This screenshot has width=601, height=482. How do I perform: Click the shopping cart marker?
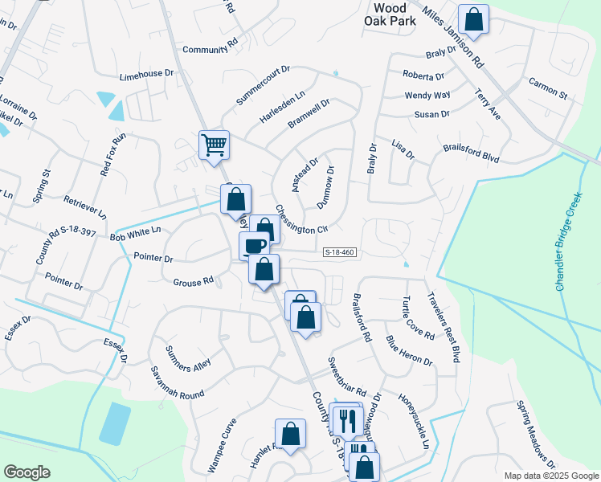(x=214, y=146)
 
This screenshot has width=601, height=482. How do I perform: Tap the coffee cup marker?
(x=255, y=245)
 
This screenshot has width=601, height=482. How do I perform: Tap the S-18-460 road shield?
(x=340, y=252)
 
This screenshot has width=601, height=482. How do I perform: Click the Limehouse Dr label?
(x=146, y=73)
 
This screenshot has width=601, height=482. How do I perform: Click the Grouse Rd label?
(x=193, y=282)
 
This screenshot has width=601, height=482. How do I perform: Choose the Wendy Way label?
(x=427, y=96)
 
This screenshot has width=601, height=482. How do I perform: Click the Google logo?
(x=27, y=472)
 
